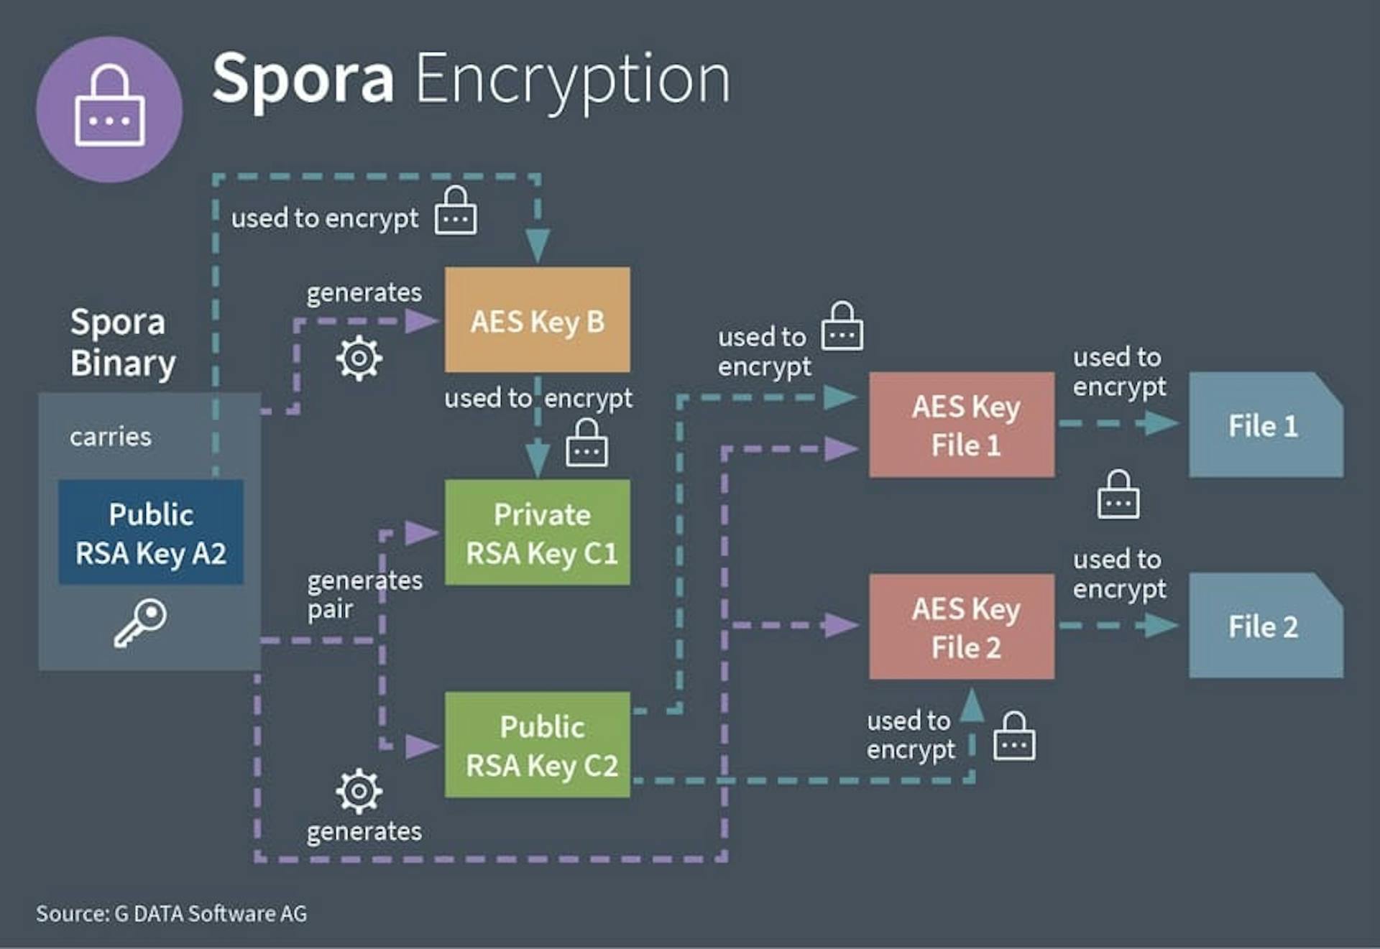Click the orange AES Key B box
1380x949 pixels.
[537, 320]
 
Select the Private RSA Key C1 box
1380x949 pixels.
[537, 532]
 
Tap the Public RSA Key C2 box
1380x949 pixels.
[537, 744]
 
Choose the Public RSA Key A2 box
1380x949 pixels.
[151, 532]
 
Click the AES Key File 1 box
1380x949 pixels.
[962, 425]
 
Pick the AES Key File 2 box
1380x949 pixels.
[962, 626]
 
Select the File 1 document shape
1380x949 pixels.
[1266, 425]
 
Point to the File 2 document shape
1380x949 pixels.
[1266, 625]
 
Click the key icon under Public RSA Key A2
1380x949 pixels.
[140, 623]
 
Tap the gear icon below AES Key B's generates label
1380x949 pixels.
[359, 358]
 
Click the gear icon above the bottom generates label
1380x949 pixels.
[359, 791]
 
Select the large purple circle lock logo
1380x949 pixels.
[109, 109]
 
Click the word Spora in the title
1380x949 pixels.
[303, 79]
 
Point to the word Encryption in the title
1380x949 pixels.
[573, 80]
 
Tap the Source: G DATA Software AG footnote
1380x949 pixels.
[171, 913]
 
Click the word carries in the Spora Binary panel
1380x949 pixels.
[111, 437]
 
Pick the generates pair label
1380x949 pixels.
[364, 595]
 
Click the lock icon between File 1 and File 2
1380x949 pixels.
[1118, 494]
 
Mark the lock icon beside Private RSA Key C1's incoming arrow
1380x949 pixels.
[586, 443]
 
